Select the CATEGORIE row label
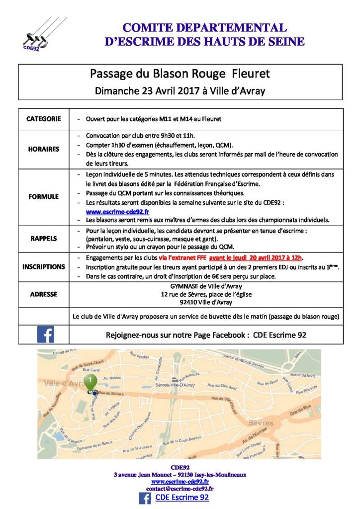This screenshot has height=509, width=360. tap(44, 119)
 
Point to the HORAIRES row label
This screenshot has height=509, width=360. tap(44, 149)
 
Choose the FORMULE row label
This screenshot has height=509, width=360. tap(44, 197)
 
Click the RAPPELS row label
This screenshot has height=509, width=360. tap(44, 238)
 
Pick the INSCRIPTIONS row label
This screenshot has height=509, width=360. tap(44, 266)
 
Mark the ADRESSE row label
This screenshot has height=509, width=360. tap(44, 294)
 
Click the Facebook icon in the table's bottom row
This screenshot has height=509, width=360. tap(45, 335)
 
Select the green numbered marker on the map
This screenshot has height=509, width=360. tap(90, 383)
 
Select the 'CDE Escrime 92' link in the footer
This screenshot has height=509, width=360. tap(182, 498)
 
